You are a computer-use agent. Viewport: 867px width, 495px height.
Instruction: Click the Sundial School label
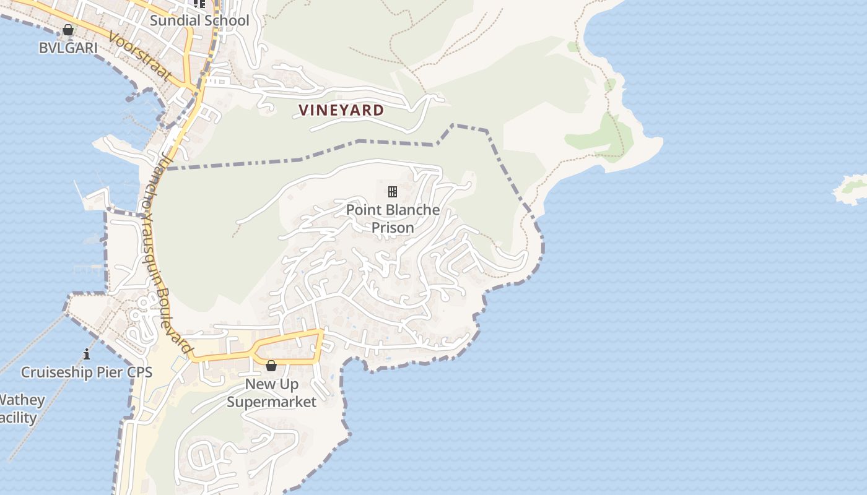point(199,20)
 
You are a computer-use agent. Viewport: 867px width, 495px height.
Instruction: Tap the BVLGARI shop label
point(68,48)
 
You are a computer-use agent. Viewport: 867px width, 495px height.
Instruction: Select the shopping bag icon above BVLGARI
point(68,30)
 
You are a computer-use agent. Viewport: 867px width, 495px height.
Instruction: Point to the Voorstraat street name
point(139,56)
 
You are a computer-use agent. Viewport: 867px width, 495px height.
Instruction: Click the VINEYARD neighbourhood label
point(341,110)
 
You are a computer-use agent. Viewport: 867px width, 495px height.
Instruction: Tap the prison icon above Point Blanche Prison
point(393,191)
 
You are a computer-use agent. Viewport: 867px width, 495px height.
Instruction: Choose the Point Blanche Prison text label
point(393,218)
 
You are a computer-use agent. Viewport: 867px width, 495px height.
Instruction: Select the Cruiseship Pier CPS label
point(87,372)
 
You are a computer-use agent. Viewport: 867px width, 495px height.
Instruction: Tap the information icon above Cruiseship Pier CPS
point(87,355)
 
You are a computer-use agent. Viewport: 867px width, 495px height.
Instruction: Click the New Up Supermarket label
point(271,393)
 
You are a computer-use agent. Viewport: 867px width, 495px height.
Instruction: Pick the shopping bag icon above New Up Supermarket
point(271,366)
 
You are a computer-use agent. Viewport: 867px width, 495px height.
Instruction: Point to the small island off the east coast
point(852,189)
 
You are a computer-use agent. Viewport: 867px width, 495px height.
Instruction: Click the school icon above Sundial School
point(199,4)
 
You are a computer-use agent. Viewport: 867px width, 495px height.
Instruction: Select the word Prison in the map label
point(393,228)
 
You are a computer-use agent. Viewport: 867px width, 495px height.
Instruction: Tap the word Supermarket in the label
point(271,402)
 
